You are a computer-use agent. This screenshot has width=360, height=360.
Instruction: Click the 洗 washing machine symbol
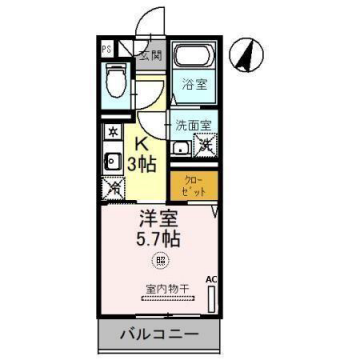(x=206, y=147)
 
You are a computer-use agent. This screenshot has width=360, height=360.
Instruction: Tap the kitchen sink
(x=108, y=160)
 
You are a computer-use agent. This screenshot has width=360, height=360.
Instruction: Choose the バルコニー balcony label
(x=160, y=333)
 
